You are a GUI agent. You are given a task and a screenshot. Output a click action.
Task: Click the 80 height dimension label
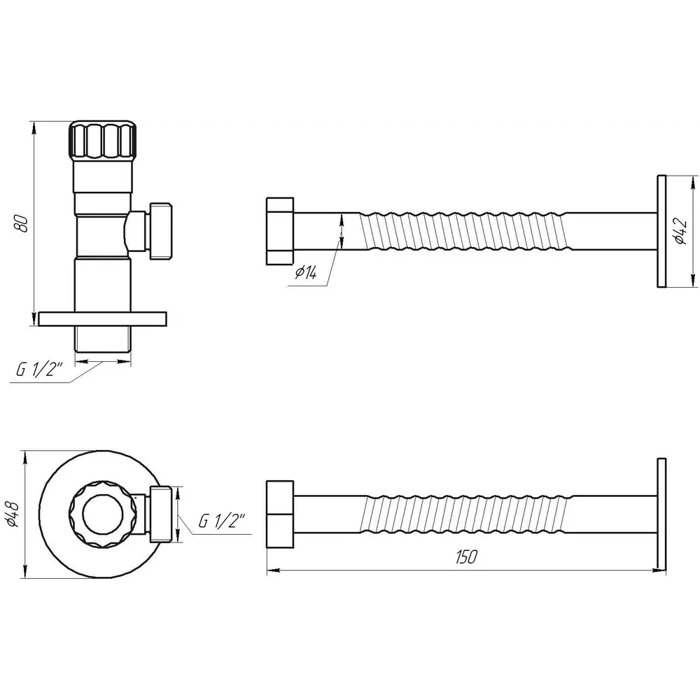tap(22, 223)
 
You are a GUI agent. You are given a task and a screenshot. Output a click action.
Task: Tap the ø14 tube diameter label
tap(307, 272)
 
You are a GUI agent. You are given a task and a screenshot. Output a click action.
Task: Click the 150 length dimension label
tap(466, 556)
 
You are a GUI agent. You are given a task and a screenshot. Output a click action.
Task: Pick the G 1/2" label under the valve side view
tap(39, 370)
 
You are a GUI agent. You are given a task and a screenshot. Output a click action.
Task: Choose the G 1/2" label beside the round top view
tap(223, 521)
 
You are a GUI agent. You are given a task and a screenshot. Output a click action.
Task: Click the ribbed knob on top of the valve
tap(102, 139)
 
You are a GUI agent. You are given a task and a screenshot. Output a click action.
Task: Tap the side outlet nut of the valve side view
tap(160, 231)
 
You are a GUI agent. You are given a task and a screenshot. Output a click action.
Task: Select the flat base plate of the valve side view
tap(103, 318)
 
